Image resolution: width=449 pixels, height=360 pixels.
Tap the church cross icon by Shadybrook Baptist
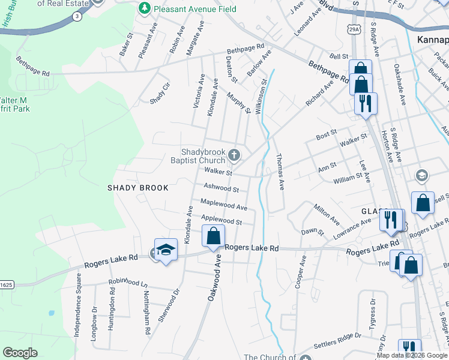(x=234, y=156)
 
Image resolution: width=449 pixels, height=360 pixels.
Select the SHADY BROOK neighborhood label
(x=138, y=188)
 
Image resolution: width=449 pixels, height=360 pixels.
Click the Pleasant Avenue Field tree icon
(x=144, y=8)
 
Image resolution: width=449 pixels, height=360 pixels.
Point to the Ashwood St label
(x=221, y=188)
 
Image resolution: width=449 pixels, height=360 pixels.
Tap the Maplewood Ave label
(x=224, y=205)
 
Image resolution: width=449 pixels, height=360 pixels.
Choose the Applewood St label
(x=221, y=221)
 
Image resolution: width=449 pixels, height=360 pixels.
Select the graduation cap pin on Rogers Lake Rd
(x=166, y=250)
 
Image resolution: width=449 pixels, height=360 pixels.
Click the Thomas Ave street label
(x=279, y=171)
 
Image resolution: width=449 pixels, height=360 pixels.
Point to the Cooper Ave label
(x=300, y=273)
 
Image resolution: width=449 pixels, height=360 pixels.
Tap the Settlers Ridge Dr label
(x=337, y=347)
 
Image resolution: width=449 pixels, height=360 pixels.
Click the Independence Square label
(x=77, y=305)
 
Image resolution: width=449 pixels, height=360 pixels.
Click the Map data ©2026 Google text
(x=412, y=355)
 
